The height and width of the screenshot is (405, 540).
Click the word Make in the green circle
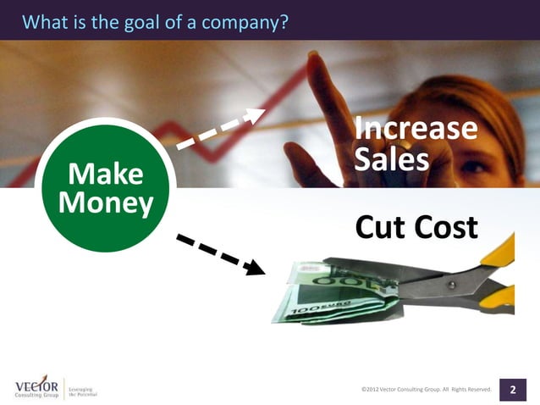(105, 175)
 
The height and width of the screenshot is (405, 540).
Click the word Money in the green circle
(106, 203)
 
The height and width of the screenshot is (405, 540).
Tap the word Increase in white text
(415, 130)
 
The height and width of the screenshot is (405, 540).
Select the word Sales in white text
(391, 159)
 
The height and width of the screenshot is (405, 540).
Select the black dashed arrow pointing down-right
(220, 255)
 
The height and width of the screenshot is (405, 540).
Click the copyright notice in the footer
(426, 389)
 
